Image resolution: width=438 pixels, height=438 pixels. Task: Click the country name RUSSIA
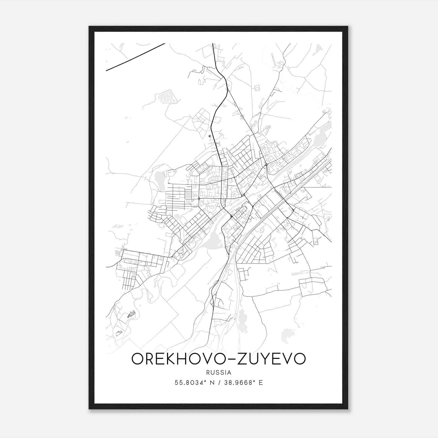pyautogui.click(x=219, y=373)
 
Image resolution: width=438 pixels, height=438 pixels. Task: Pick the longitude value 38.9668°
pyautogui.click(x=237, y=383)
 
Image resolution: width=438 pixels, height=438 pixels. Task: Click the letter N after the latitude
pyautogui.click(x=211, y=383)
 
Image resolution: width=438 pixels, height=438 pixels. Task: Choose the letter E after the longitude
pyautogui.click(x=261, y=383)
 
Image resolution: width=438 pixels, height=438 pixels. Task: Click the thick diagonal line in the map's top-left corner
pyautogui.click(x=136, y=57)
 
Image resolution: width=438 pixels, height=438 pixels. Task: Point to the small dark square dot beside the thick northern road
pyautogui.click(x=210, y=136)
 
